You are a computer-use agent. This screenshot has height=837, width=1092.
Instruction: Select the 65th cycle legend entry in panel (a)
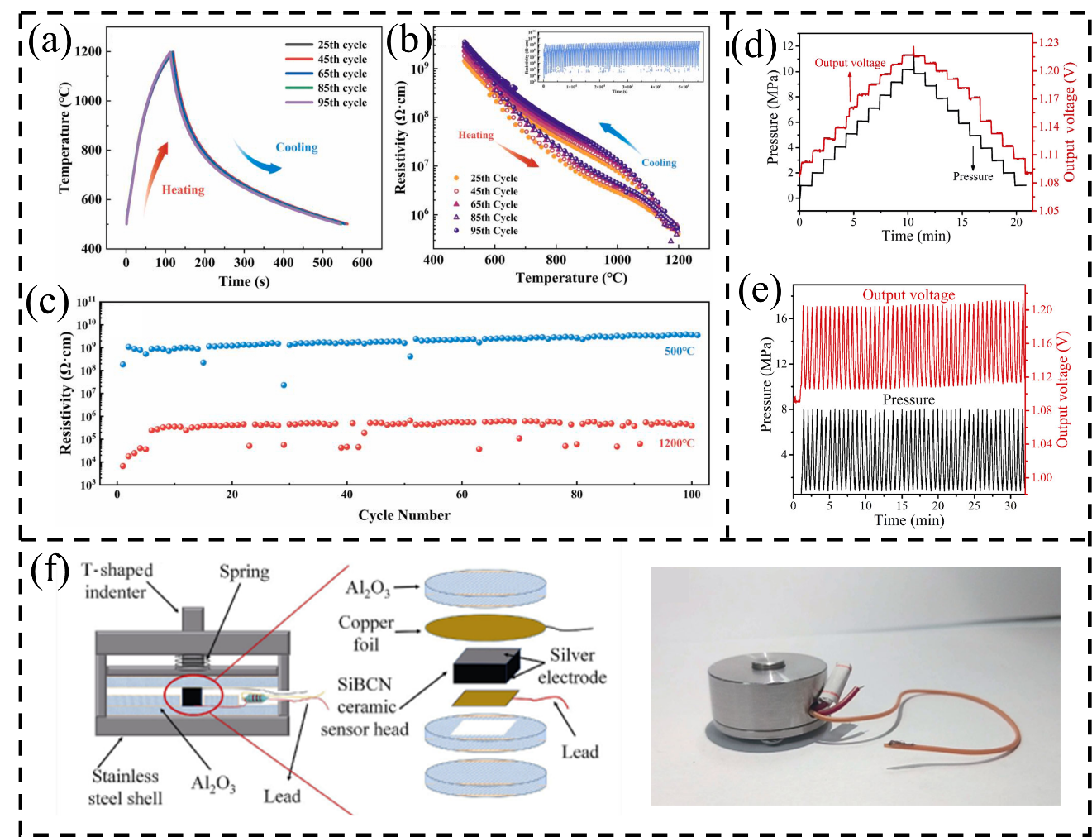click(x=341, y=74)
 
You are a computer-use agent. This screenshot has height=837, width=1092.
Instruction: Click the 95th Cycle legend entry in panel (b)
click(x=494, y=231)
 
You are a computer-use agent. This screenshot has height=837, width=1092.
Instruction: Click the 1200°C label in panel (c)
click(x=676, y=443)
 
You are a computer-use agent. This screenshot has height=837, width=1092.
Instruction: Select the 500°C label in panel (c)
click(x=680, y=351)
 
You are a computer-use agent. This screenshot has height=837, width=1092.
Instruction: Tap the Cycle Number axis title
click(x=404, y=514)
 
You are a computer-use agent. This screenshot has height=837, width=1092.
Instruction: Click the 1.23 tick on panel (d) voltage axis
click(x=1048, y=42)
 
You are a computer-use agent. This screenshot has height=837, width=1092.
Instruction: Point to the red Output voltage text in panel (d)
click(x=850, y=63)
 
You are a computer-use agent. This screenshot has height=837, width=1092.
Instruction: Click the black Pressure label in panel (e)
click(x=908, y=399)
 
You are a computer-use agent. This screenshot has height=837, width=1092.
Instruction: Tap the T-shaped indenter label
click(x=117, y=581)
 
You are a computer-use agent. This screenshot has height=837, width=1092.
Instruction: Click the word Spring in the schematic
click(x=244, y=572)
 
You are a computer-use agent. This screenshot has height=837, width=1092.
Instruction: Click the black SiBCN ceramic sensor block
click(x=485, y=664)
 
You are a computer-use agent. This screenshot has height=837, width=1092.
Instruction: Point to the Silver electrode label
click(x=572, y=666)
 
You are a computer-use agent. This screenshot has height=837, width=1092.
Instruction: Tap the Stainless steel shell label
click(x=125, y=787)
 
